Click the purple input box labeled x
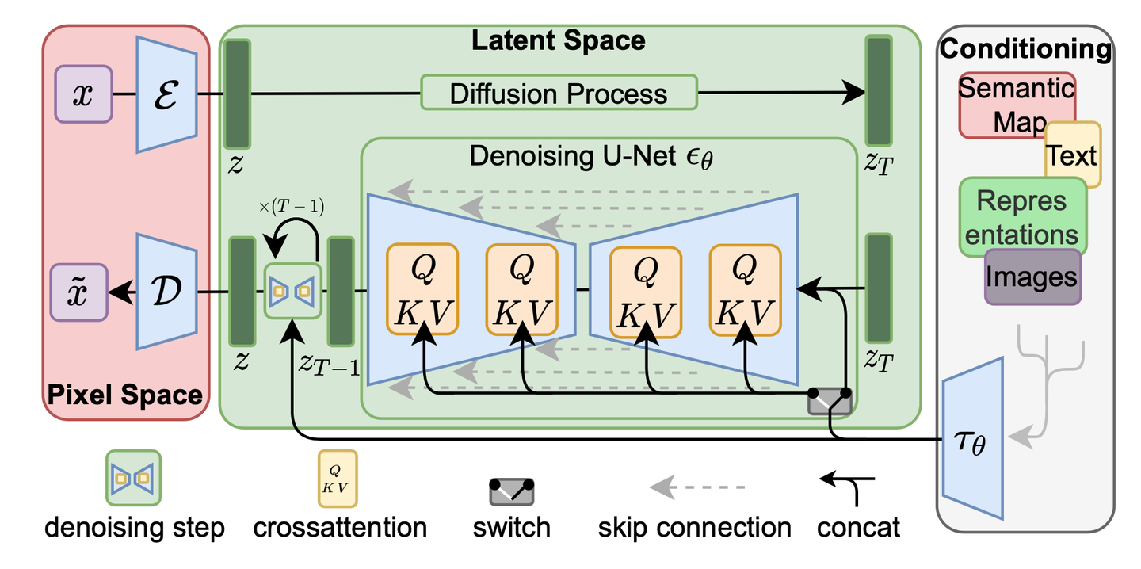point(82,94)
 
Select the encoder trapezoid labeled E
point(167,94)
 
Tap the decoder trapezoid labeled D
point(167,292)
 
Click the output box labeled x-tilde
point(78,292)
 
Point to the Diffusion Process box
point(559,94)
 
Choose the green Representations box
point(1021,216)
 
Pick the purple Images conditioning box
point(1032,277)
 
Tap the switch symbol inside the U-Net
point(830,401)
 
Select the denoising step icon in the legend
point(134,478)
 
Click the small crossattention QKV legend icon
point(338,478)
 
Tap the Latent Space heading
point(558,40)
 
